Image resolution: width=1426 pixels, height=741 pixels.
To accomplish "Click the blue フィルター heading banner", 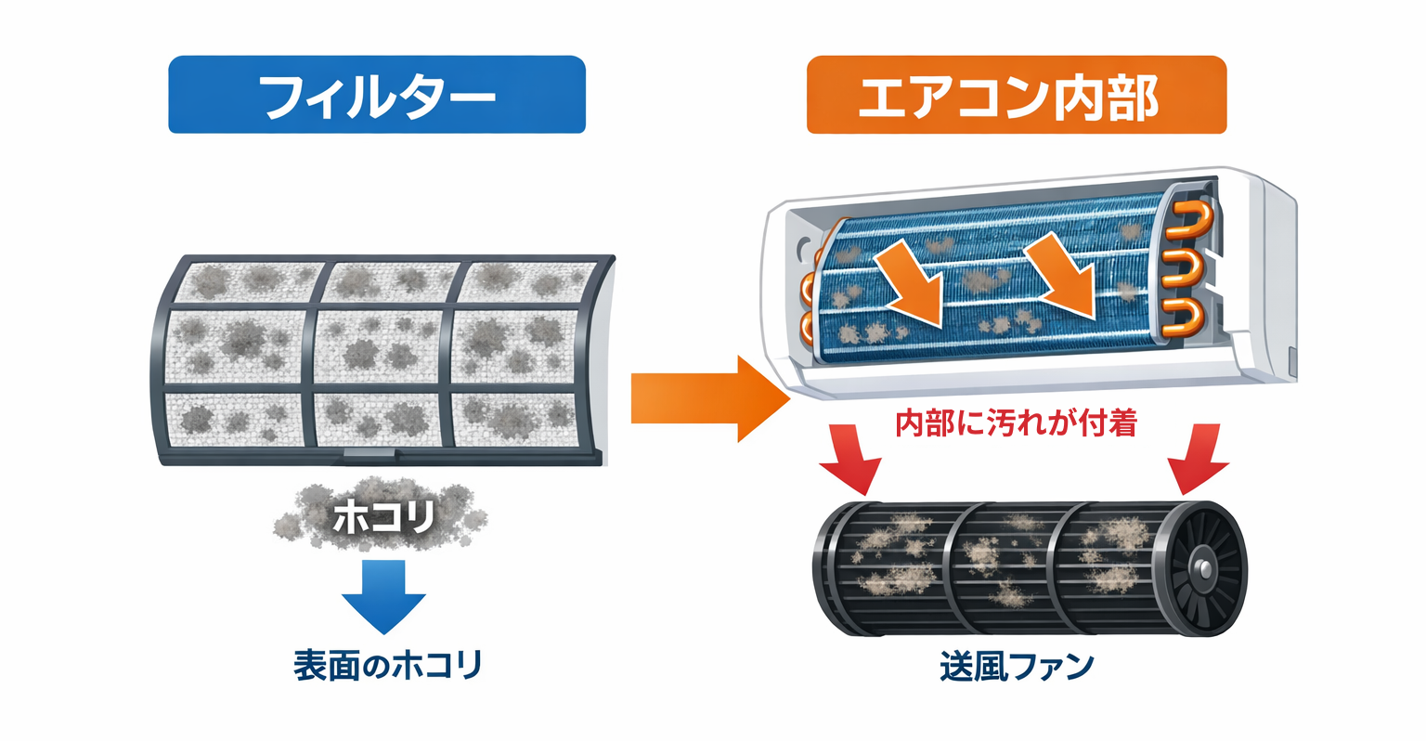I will [376, 95].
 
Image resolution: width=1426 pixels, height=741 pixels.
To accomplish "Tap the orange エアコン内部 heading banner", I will [1016, 95].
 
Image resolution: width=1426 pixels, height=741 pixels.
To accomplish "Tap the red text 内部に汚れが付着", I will [1016, 423].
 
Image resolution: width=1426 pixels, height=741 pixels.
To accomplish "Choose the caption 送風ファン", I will [1016, 667].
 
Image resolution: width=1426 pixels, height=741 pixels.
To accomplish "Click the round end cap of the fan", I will [1203, 565].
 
